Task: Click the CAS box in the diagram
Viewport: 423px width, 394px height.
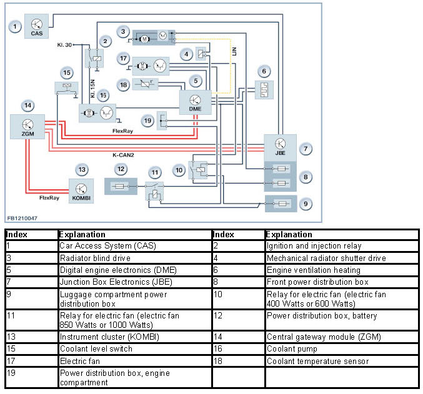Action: pyautogui.click(x=36, y=27)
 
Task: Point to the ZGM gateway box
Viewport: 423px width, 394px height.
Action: pyautogui.click(x=27, y=127)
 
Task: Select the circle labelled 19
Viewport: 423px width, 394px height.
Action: pyautogui.click(x=147, y=121)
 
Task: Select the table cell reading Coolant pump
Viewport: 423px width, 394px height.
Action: pyautogui.click(x=292, y=349)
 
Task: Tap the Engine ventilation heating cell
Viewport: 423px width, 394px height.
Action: pyautogui.click(x=313, y=270)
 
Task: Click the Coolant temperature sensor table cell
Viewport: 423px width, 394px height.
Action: pyautogui.click(x=317, y=361)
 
